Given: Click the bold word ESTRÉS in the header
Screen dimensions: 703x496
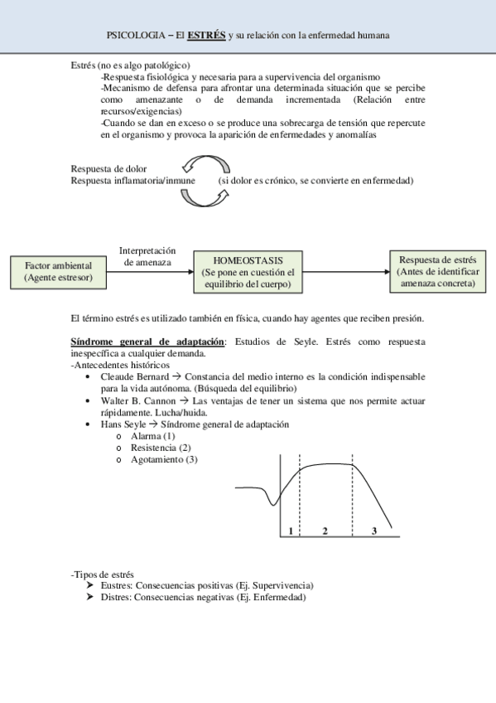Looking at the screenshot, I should [x=206, y=36].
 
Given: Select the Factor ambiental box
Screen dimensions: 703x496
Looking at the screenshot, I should [x=58, y=271].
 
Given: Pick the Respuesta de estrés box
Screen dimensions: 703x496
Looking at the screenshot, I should [x=436, y=271].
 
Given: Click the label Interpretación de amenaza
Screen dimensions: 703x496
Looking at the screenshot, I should [x=147, y=256].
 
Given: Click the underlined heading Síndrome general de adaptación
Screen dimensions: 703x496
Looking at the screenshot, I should [x=147, y=342].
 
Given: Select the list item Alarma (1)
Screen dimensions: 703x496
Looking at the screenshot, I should [x=153, y=436].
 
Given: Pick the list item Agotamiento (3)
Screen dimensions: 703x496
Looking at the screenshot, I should [x=164, y=459].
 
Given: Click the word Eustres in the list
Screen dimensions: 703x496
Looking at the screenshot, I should [x=115, y=585].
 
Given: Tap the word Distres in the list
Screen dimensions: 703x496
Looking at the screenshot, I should [x=115, y=597].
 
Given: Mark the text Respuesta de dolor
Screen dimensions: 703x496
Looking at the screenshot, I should [x=108, y=169].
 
